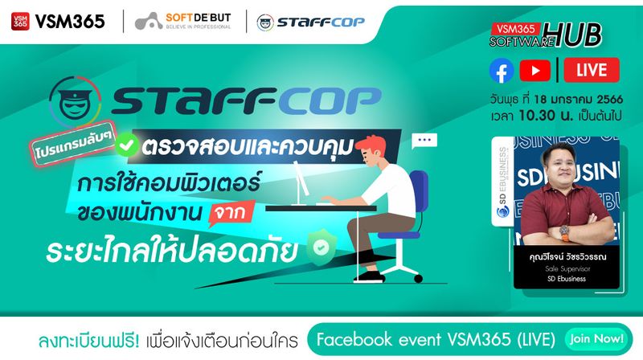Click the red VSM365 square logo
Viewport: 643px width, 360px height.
coord(20,21)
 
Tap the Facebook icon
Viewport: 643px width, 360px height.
coord(502,72)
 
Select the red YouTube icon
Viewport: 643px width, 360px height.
coord(535,72)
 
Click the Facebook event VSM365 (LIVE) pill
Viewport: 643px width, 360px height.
coord(435,339)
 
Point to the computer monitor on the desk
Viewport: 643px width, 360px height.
coord(297,178)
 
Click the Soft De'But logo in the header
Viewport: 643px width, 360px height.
coord(185,22)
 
